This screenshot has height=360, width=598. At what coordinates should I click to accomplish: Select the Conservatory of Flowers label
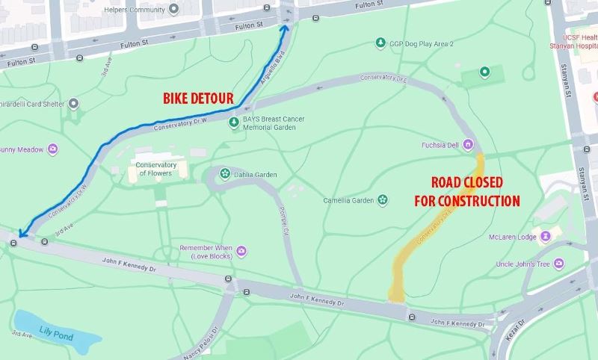pyautogui.click(x=155, y=169)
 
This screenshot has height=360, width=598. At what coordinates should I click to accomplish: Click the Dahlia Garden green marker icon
pyautogui.click(x=224, y=174)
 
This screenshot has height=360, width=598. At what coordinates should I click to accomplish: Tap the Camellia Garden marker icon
pyautogui.click(x=382, y=199)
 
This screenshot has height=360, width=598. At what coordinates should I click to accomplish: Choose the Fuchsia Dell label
pyautogui.click(x=443, y=144)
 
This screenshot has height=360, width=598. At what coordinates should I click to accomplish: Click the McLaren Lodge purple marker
pyautogui.click(x=546, y=236)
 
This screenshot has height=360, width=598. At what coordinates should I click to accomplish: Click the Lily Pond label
pyautogui.click(x=56, y=337)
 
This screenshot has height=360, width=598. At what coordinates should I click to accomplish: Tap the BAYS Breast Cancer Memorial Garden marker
pyautogui.click(x=234, y=120)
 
